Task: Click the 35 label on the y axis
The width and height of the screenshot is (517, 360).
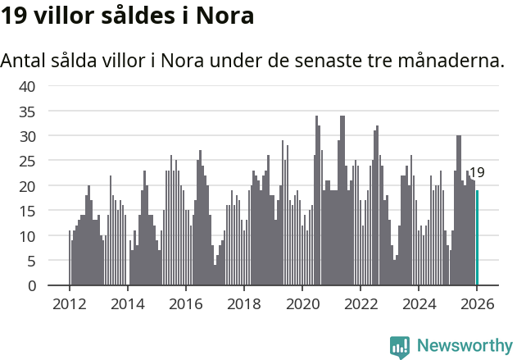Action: pyautogui.click(x=26, y=111)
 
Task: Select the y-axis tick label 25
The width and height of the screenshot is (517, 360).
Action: pyautogui.click(x=26, y=161)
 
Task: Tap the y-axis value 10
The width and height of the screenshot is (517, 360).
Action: pyautogui.click(x=26, y=236)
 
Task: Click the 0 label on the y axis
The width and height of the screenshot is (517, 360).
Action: pyautogui.click(x=31, y=286)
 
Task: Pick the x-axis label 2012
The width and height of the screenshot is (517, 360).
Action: pyautogui.click(x=69, y=304)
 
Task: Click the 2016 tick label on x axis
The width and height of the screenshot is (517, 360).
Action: pyautogui.click(x=185, y=304)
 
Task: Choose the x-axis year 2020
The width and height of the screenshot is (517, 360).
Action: pyautogui.click(x=302, y=304)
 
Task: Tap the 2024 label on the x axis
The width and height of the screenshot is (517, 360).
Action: pyautogui.click(x=419, y=304)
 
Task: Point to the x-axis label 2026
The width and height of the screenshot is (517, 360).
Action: pyautogui.click(x=477, y=304)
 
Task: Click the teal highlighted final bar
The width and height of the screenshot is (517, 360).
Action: pyautogui.click(x=478, y=238)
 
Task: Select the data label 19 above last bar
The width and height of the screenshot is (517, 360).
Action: pyautogui.click(x=477, y=173)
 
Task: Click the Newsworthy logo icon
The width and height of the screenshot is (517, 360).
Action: pyautogui.click(x=400, y=346)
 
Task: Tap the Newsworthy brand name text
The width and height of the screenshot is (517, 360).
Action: pyautogui.click(x=464, y=346)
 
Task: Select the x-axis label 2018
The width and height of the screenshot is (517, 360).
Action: pyautogui.click(x=243, y=304)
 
